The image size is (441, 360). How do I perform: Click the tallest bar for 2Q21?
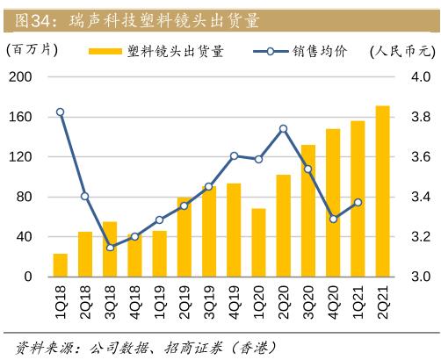click(382, 191)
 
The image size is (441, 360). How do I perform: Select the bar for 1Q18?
click(61, 265)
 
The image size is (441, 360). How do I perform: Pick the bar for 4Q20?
click(333, 203)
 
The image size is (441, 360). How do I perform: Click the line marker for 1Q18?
click(61, 112)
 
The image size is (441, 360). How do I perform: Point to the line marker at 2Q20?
click(283, 129)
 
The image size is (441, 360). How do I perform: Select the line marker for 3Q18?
click(110, 248)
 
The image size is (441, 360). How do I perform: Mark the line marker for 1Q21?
click(358, 202)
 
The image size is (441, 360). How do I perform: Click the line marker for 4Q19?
click(234, 156)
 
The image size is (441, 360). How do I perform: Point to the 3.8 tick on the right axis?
click(419, 117)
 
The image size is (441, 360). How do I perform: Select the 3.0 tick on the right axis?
click(419, 277)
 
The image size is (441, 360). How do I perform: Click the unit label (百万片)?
click(32, 50)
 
